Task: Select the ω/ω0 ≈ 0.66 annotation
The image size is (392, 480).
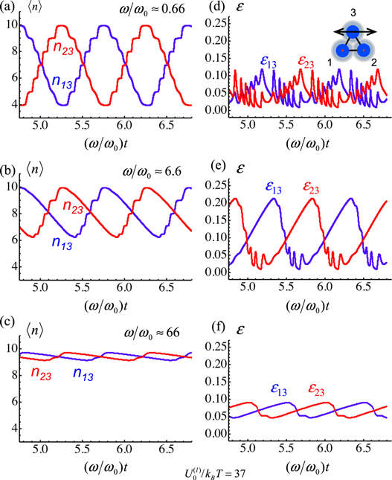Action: click(152, 10)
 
